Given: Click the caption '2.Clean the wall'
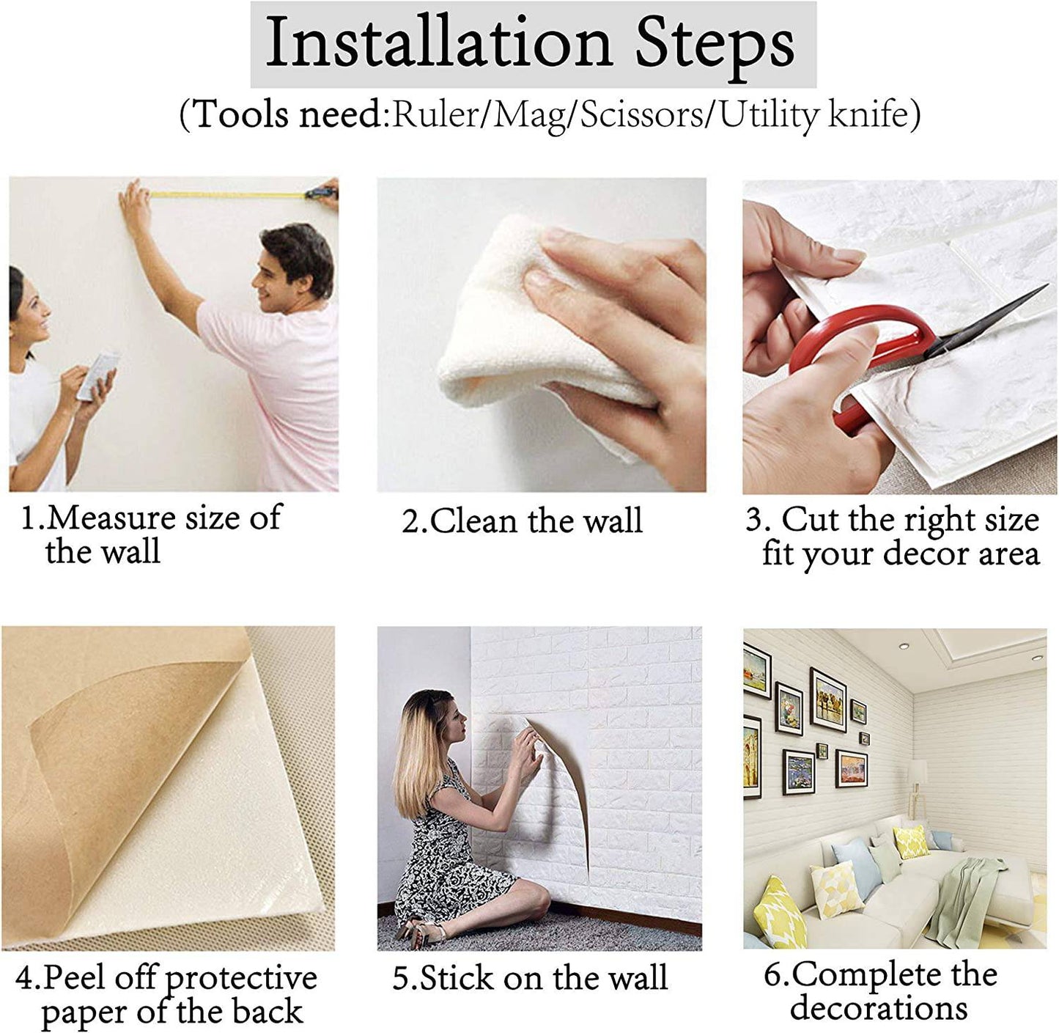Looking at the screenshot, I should pyautogui.click(x=522, y=521).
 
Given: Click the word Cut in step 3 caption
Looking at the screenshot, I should pyautogui.click(x=810, y=520).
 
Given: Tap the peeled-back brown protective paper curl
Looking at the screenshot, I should pyautogui.click(x=139, y=733).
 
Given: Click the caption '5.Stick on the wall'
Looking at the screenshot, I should pyautogui.click(x=530, y=979).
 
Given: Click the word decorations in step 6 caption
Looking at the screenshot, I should pyautogui.click(x=879, y=1008).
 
